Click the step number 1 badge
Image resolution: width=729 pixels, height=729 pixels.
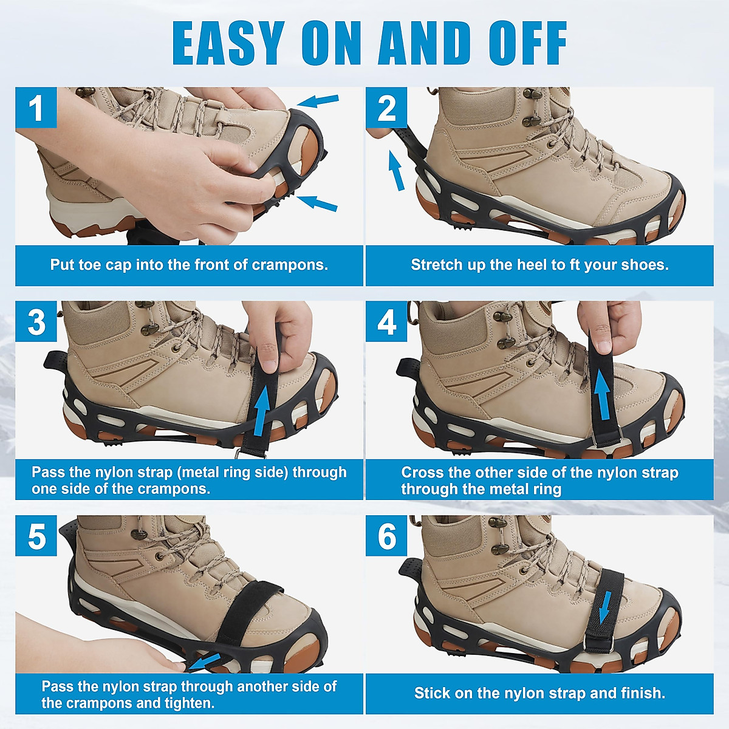36,108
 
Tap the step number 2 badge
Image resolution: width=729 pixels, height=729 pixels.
386,108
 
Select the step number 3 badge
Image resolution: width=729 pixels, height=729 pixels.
36,321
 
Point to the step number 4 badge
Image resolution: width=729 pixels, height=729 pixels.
386,321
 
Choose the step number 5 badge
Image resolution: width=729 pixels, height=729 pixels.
36,536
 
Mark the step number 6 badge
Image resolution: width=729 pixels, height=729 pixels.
386,536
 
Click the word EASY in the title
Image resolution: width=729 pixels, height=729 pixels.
228,44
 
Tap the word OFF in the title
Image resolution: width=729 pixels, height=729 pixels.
527,44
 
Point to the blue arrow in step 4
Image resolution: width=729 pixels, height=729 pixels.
602,395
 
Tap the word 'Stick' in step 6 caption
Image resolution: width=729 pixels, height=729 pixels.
430,693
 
